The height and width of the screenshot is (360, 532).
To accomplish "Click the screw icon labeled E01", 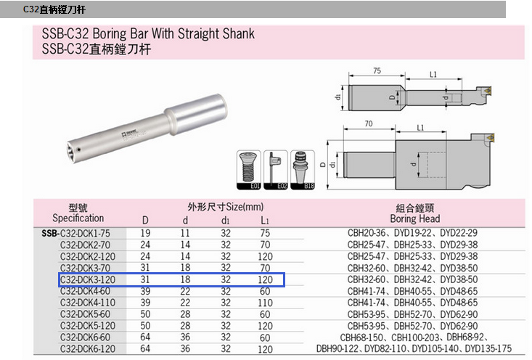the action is coord(249,170).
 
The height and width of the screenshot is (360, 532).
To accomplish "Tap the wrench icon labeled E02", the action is coord(276,170).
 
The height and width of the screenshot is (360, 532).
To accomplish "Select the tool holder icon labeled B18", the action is coord(303,170).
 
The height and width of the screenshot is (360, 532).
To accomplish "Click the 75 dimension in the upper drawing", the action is coord(377,70).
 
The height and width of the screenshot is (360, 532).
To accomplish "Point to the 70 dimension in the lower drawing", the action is coord(369,124).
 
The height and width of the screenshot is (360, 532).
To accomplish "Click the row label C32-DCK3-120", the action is coord(88,279).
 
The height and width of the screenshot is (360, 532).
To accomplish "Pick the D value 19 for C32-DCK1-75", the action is coord(145,233).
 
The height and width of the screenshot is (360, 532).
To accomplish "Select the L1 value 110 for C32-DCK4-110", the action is coord(265,303).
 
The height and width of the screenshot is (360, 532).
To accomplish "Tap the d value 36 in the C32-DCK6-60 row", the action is coord(185,337).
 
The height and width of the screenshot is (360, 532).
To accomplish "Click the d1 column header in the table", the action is coord(225,221).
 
